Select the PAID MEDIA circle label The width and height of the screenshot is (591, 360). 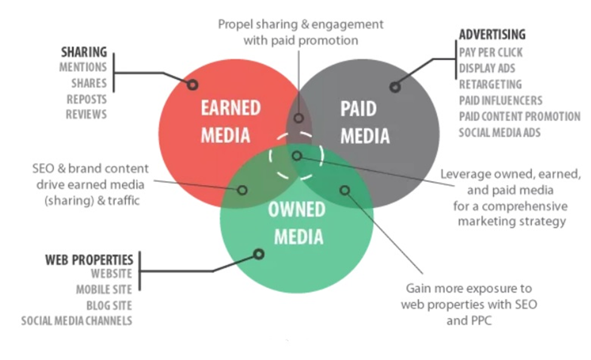point(365,122)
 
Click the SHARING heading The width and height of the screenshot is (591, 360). point(84,52)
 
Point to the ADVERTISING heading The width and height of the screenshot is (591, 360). point(492,35)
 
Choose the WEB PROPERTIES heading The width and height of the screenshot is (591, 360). point(89,260)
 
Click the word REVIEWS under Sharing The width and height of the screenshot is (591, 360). point(86,114)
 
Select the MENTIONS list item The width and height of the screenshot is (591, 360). point(83,67)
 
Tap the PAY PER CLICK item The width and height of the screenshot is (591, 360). point(490,52)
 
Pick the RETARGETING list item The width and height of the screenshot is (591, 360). point(490,84)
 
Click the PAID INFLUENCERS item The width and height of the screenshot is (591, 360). point(501,100)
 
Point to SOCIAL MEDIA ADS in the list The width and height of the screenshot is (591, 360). point(499,132)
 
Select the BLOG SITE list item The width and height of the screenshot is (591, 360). point(109,305)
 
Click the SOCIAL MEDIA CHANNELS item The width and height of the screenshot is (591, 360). point(76,321)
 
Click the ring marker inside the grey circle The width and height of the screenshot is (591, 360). point(395,87)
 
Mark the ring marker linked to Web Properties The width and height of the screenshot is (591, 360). point(259,254)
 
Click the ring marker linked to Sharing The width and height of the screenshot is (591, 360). point(192,84)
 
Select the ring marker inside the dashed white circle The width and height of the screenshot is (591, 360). point(297,156)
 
